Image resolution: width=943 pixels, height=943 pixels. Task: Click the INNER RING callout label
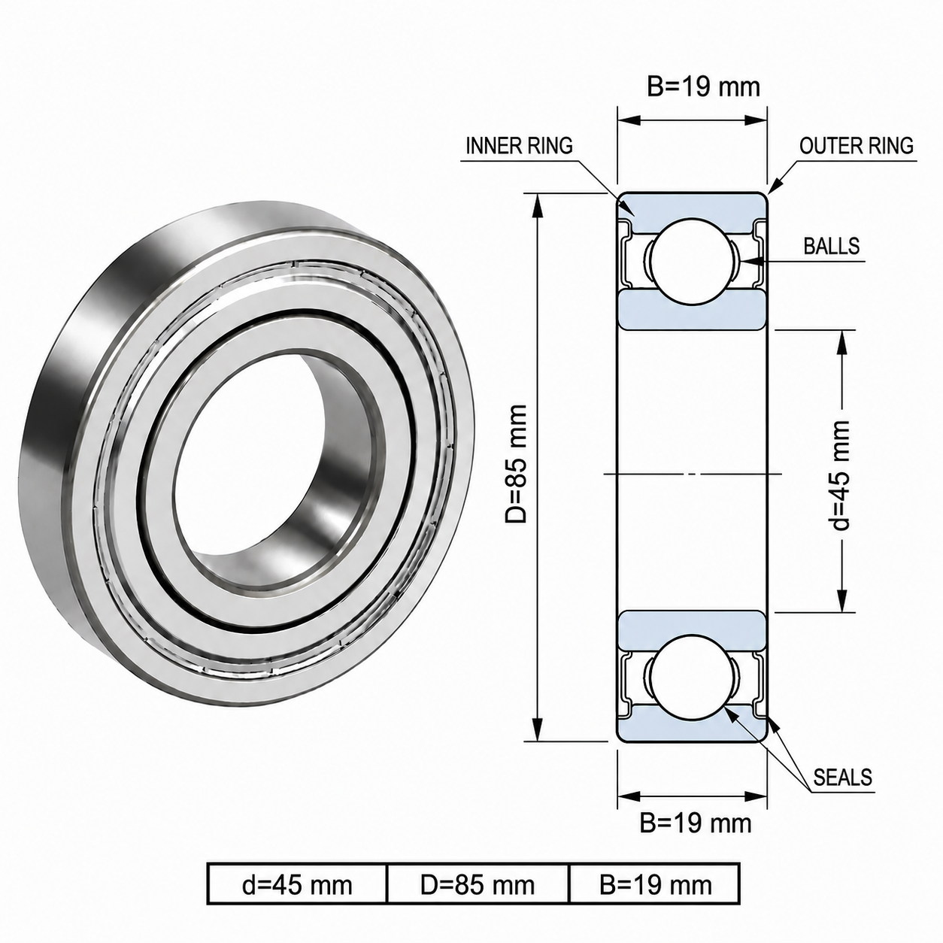coord(519,146)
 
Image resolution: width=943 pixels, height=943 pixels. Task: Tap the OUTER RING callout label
coord(857,146)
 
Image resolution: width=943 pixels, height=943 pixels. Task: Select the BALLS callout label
coord(832,246)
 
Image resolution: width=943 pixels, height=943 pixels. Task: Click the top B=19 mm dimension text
coord(704,87)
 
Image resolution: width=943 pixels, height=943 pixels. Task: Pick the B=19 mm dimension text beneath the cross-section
coord(696,823)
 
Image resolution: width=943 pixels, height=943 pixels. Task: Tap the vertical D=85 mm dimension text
coord(516,464)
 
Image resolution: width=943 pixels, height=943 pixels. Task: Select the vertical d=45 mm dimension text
coord(840,475)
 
